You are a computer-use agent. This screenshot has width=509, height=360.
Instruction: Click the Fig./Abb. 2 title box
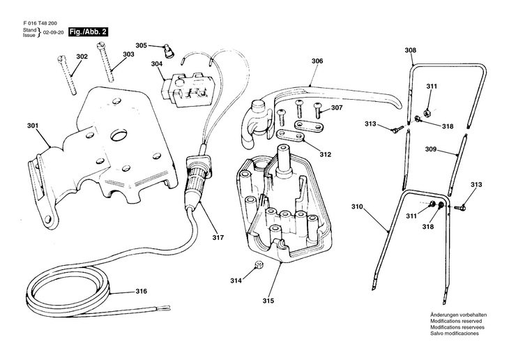(88, 32)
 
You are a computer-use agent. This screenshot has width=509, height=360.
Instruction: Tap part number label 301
(33, 126)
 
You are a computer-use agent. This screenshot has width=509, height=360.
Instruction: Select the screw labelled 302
(67, 75)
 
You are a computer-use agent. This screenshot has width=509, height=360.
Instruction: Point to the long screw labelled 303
(105, 63)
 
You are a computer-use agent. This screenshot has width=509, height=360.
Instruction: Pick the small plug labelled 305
(169, 51)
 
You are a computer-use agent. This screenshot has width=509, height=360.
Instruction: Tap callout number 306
(317, 61)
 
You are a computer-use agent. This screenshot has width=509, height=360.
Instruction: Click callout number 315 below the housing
(268, 301)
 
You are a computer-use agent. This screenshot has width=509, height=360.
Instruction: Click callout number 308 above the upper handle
(410, 50)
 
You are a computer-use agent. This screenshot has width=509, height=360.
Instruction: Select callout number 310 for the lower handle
(357, 207)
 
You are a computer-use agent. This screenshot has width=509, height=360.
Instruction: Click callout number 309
(431, 149)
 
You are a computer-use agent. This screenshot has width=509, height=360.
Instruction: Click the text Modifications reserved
(456, 321)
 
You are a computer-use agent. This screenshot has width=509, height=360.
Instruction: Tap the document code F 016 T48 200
(40, 24)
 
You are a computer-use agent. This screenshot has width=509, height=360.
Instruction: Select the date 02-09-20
(53, 33)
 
